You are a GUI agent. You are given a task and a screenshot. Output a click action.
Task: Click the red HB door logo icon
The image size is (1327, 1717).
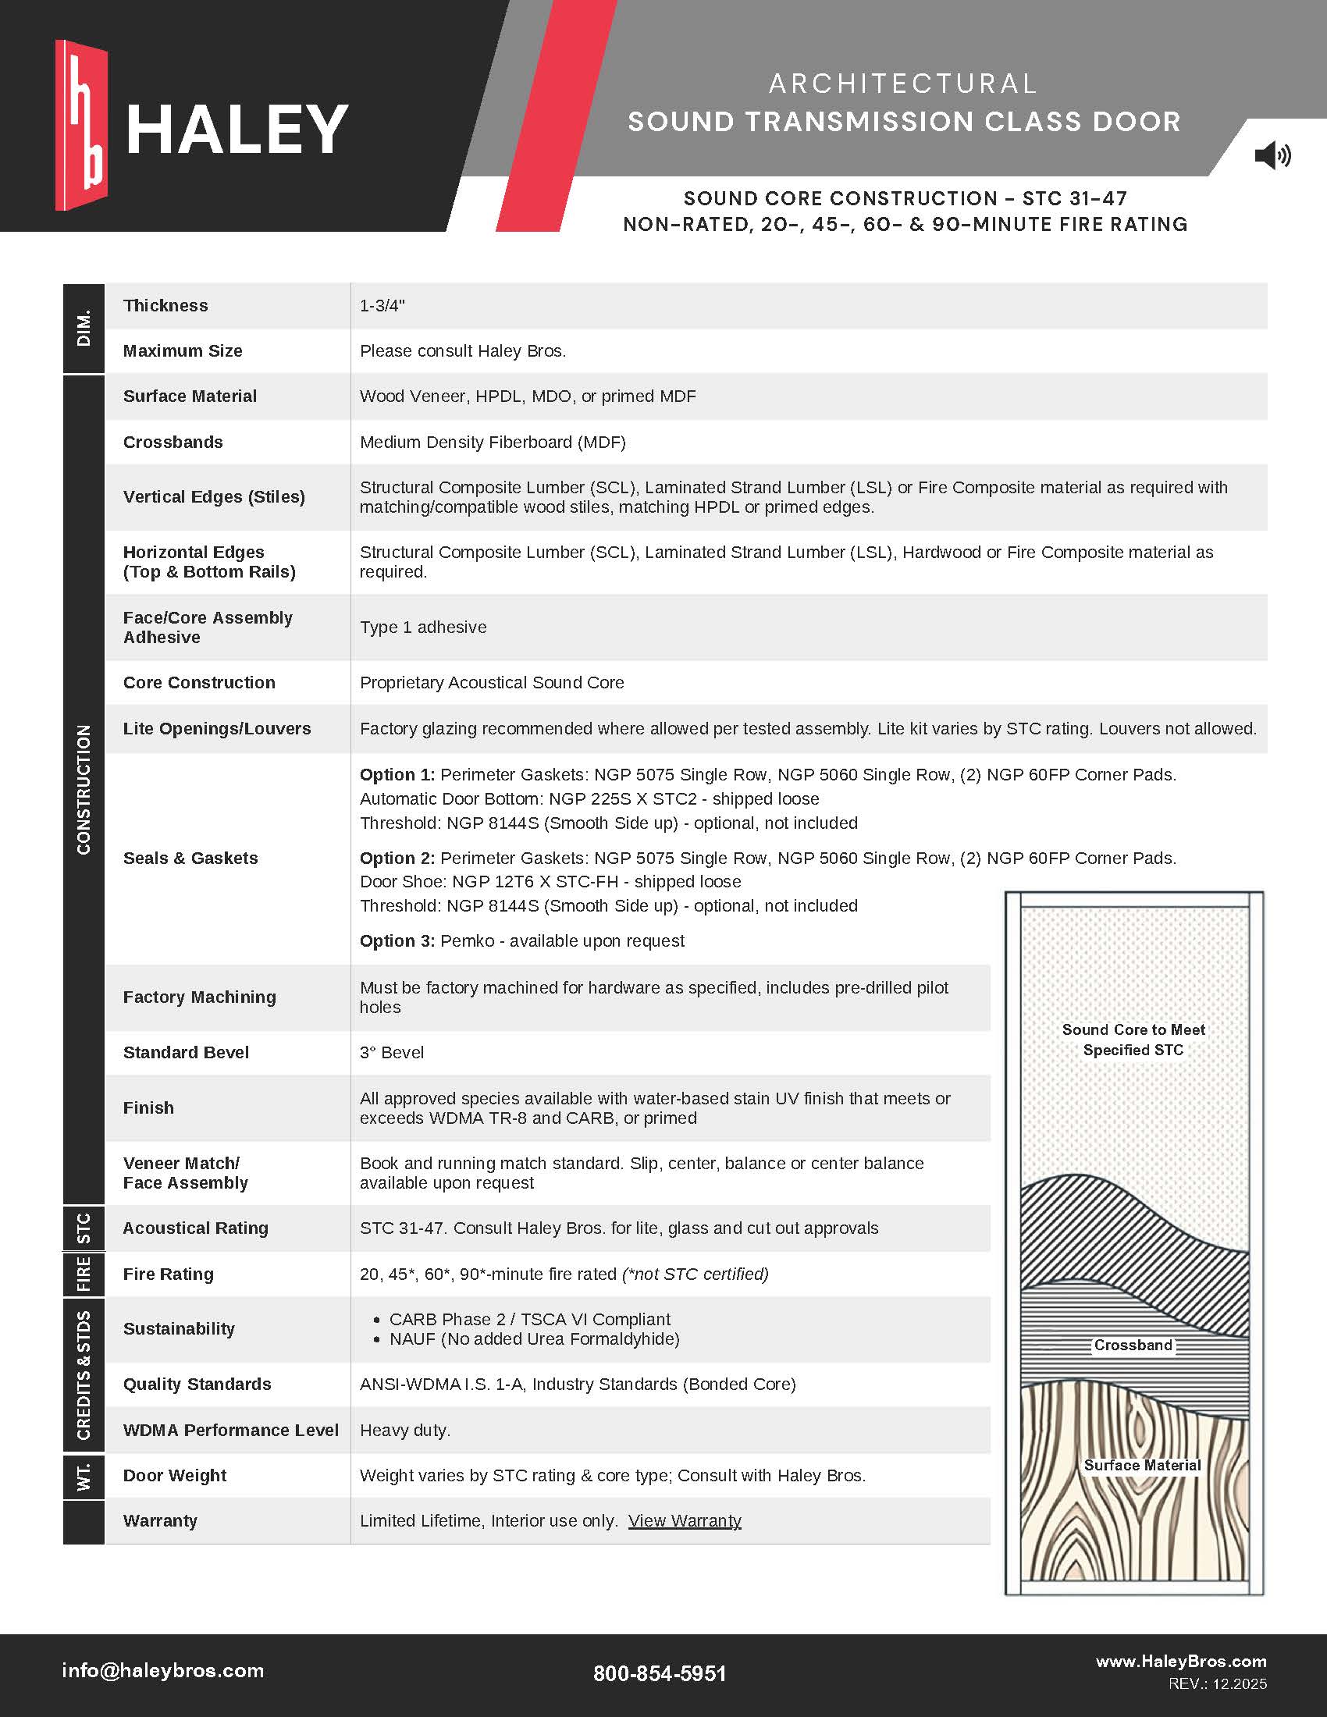click(81, 126)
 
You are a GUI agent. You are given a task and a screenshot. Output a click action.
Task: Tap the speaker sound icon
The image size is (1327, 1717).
click(1272, 155)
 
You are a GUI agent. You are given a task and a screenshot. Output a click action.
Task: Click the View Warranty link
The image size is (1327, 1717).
click(684, 1520)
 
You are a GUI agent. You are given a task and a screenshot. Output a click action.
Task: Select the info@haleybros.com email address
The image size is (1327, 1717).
click(162, 1670)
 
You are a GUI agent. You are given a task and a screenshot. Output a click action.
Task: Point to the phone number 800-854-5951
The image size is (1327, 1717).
click(660, 1673)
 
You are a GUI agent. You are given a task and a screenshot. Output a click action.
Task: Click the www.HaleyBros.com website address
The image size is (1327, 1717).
click(1181, 1660)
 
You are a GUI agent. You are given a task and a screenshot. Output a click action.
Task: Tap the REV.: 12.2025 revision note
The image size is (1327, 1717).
click(1217, 1683)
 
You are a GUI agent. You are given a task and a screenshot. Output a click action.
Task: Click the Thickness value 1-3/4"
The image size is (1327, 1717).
click(382, 306)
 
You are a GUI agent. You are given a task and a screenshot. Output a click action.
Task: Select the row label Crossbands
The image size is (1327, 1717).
click(173, 442)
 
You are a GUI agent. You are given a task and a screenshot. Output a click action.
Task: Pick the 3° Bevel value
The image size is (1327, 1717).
click(392, 1052)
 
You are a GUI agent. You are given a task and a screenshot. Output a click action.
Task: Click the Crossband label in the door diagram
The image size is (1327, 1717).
click(1133, 1346)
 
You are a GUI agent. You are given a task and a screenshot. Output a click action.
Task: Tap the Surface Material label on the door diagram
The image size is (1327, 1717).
click(1141, 1465)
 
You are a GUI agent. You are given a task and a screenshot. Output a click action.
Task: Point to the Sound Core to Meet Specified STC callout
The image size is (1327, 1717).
click(1133, 1040)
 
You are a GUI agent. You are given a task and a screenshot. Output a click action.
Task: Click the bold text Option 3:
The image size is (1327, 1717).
click(397, 940)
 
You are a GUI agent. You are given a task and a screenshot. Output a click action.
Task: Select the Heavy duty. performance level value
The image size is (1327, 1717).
click(405, 1430)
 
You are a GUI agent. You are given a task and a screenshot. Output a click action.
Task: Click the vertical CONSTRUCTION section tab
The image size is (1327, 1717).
click(84, 789)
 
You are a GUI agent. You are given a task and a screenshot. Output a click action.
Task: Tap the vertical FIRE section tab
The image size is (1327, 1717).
click(84, 1274)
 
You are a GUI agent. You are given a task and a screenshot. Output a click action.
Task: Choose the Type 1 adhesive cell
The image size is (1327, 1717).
click(423, 627)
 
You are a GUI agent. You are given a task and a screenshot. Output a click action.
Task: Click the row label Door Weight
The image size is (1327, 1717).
click(175, 1475)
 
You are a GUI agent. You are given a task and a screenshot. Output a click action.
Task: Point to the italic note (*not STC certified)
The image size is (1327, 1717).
click(695, 1274)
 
